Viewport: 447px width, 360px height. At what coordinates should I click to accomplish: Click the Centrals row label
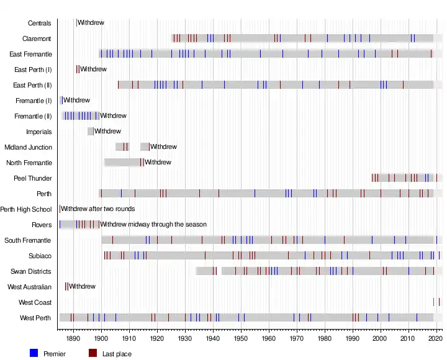tap(40, 23)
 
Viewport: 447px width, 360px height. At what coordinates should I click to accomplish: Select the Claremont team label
tap(37, 38)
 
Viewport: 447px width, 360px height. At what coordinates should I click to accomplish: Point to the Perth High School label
tap(26, 209)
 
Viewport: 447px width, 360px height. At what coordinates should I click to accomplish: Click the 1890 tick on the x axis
tap(73, 339)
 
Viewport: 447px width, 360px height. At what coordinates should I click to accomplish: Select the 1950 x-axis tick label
tap(241, 339)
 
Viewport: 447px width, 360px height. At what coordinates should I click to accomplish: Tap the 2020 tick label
tap(436, 339)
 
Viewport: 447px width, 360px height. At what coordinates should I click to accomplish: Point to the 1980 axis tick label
tap(325, 339)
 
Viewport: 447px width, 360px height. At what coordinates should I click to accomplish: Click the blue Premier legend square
tap(34, 353)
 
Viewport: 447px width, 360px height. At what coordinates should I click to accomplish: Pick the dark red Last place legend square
tap(93, 353)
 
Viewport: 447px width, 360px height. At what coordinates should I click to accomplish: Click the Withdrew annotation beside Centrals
tap(91, 23)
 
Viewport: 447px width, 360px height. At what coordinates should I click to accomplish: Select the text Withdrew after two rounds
tap(97, 209)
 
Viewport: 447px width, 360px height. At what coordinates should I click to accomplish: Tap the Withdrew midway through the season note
tap(153, 225)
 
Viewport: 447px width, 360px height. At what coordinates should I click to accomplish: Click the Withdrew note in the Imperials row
tap(107, 132)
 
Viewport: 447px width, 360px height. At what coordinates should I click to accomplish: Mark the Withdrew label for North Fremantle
tap(158, 163)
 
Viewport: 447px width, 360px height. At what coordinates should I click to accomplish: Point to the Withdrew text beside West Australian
tap(82, 287)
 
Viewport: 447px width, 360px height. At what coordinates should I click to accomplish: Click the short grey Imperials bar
tap(91, 132)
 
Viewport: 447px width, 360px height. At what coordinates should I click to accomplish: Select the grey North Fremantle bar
tap(122, 163)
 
